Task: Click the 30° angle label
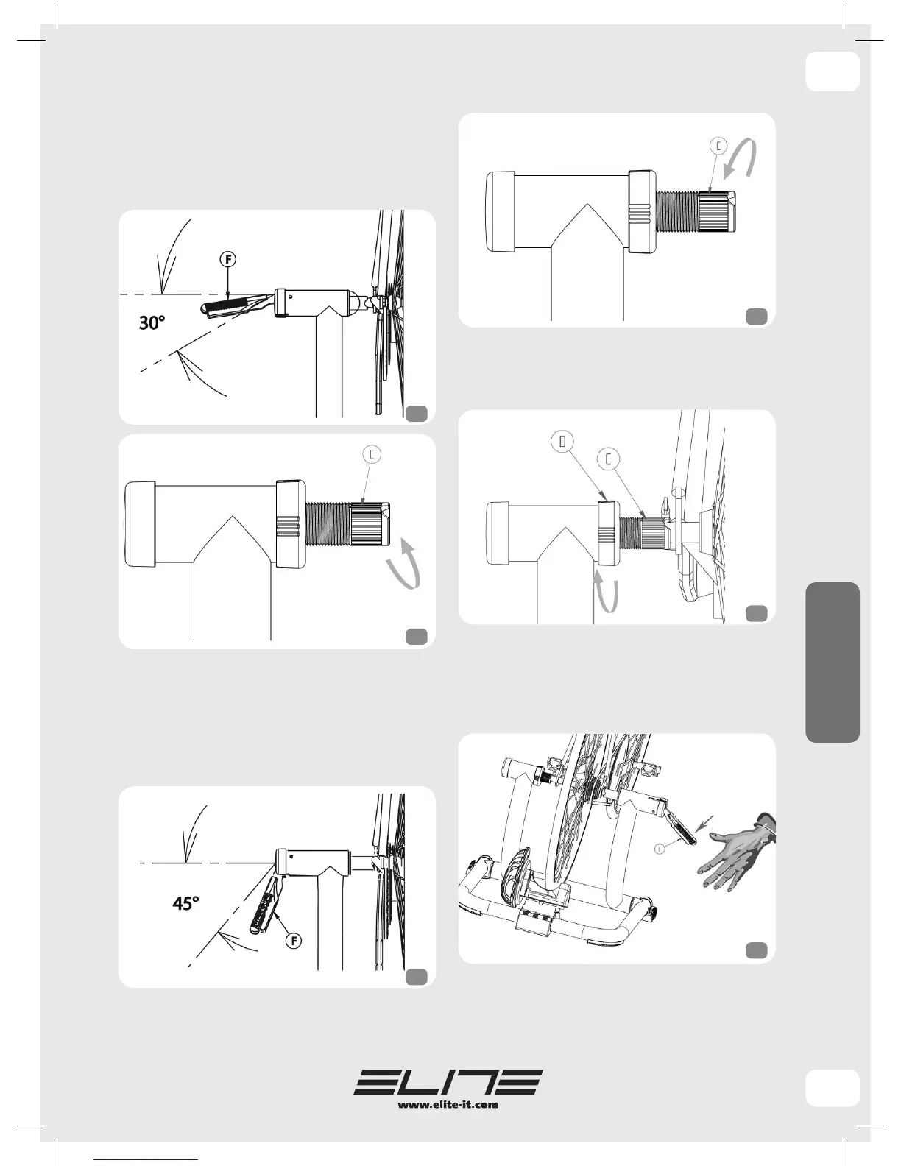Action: click(152, 323)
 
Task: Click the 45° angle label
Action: click(185, 904)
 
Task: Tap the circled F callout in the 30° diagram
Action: click(228, 260)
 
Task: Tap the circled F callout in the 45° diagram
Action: click(294, 941)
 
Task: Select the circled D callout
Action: click(562, 442)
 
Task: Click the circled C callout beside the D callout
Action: click(609, 459)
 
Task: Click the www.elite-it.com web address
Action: click(448, 1104)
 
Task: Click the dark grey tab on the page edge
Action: click(833, 662)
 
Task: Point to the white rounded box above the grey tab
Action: click(833, 71)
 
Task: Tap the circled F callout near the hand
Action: click(660, 848)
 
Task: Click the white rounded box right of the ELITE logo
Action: click(833, 1088)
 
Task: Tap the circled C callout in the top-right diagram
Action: click(718, 146)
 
